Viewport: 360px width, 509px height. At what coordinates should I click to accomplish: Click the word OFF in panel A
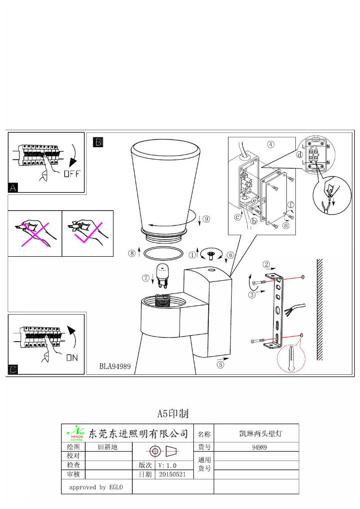pyautogui.click(x=71, y=174)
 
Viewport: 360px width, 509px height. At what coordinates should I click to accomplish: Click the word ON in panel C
pyautogui.click(x=72, y=358)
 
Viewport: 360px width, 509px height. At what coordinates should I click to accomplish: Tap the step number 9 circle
pyautogui.click(x=206, y=219)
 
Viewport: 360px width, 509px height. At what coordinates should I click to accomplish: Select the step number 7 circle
pyautogui.click(x=146, y=278)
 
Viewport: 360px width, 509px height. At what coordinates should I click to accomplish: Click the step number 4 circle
pyautogui.click(x=271, y=145)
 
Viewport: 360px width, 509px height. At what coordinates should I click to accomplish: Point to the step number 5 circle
pyautogui.click(x=220, y=365)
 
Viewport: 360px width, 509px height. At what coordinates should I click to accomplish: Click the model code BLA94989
pyautogui.click(x=115, y=367)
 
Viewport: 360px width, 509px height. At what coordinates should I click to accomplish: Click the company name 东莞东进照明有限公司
pyautogui.click(x=138, y=433)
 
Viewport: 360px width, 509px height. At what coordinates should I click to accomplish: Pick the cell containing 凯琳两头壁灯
pyautogui.click(x=256, y=434)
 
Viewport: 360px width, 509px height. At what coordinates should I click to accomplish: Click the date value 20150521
pyautogui.click(x=172, y=474)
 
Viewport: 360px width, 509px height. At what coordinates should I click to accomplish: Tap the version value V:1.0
pyautogui.click(x=167, y=465)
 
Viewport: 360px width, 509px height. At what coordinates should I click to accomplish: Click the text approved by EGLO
pyautogui.click(x=96, y=487)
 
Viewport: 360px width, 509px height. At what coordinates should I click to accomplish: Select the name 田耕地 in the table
pyautogui.click(x=108, y=447)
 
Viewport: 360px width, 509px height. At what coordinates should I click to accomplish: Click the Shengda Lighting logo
pyautogui.click(x=75, y=433)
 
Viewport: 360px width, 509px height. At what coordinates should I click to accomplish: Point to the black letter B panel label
pyautogui.click(x=98, y=142)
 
